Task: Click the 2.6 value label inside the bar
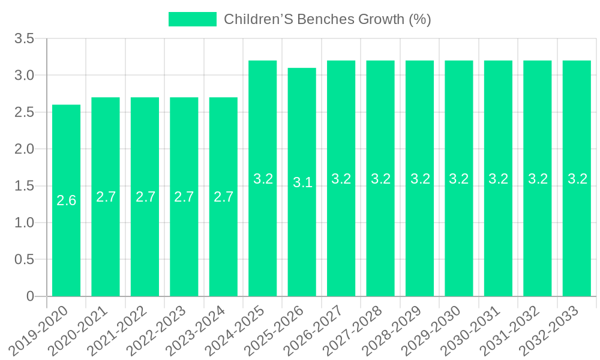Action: (66, 200)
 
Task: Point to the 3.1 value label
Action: (302, 182)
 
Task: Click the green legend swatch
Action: (192, 19)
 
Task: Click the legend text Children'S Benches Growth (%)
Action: (328, 19)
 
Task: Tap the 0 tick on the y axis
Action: (31, 296)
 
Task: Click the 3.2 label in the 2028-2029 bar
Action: (419, 179)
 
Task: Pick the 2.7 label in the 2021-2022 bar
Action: (145, 197)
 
